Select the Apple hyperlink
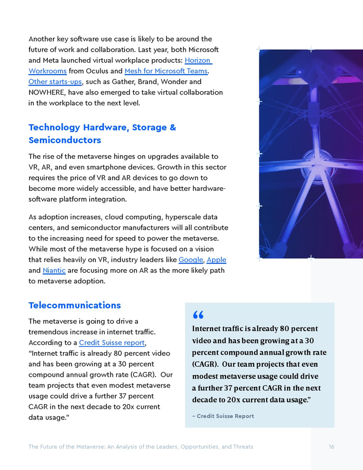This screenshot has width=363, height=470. (216, 259)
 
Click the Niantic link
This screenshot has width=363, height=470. (54, 270)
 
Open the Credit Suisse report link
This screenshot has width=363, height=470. (112, 343)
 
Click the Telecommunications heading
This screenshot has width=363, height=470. (75, 305)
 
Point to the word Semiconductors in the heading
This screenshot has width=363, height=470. (65, 140)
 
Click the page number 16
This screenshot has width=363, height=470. (331, 447)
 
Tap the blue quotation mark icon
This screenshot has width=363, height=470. (198, 315)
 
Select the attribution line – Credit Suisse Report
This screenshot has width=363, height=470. (223, 416)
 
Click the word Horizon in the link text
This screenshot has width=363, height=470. (198, 60)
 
